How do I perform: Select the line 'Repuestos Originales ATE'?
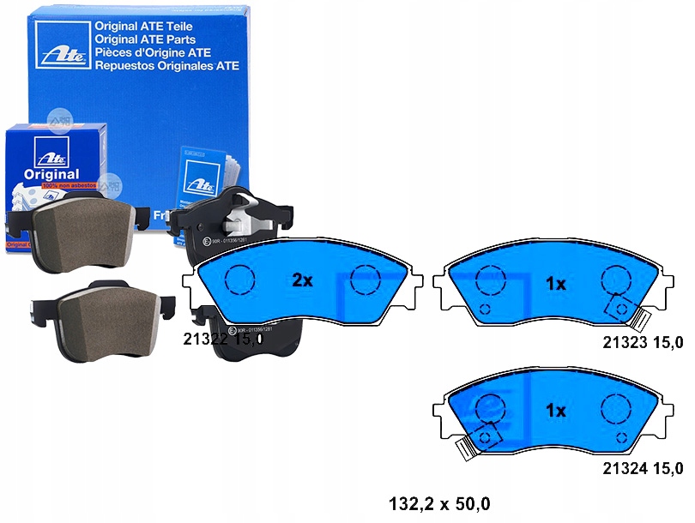167,65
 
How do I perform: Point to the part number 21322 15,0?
223,340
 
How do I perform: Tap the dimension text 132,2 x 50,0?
441,503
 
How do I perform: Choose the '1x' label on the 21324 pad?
556,411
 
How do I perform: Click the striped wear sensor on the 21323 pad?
638,322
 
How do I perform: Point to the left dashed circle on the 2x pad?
239,280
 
